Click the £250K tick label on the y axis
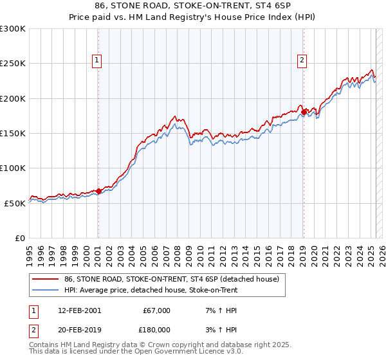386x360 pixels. [12, 64]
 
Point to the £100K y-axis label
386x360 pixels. [12, 168]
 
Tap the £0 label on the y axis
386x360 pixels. [20, 238]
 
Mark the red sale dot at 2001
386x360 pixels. [98, 191]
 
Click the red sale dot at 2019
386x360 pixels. [304, 113]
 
